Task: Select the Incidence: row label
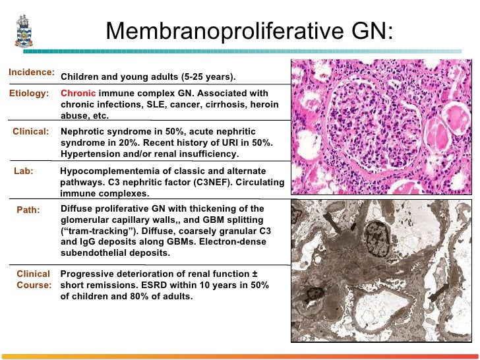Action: point(31,71)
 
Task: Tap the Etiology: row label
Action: point(29,94)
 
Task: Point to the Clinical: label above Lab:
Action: point(31,131)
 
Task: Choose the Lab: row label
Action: point(24,169)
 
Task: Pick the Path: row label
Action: point(28,210)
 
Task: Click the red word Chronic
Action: point(78,94)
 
